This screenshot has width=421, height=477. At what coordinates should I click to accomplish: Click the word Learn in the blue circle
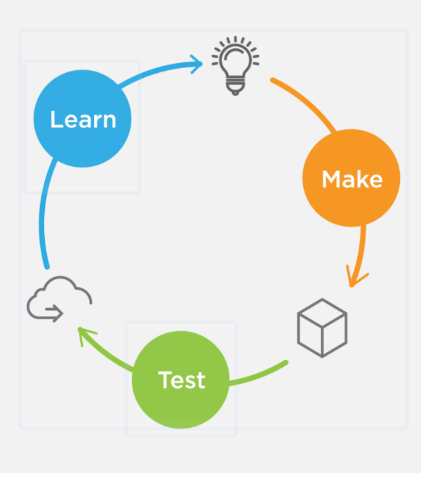coord(83,120)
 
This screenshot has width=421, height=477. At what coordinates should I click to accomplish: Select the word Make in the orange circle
coord(352,180)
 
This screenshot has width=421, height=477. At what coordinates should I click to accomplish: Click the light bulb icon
coord(234,65)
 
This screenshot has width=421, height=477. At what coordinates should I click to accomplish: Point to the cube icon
coord(322,328)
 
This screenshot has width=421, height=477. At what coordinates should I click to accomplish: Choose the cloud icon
coord(59,300)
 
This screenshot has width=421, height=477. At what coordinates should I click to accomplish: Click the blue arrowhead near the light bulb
coord(196,65)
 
